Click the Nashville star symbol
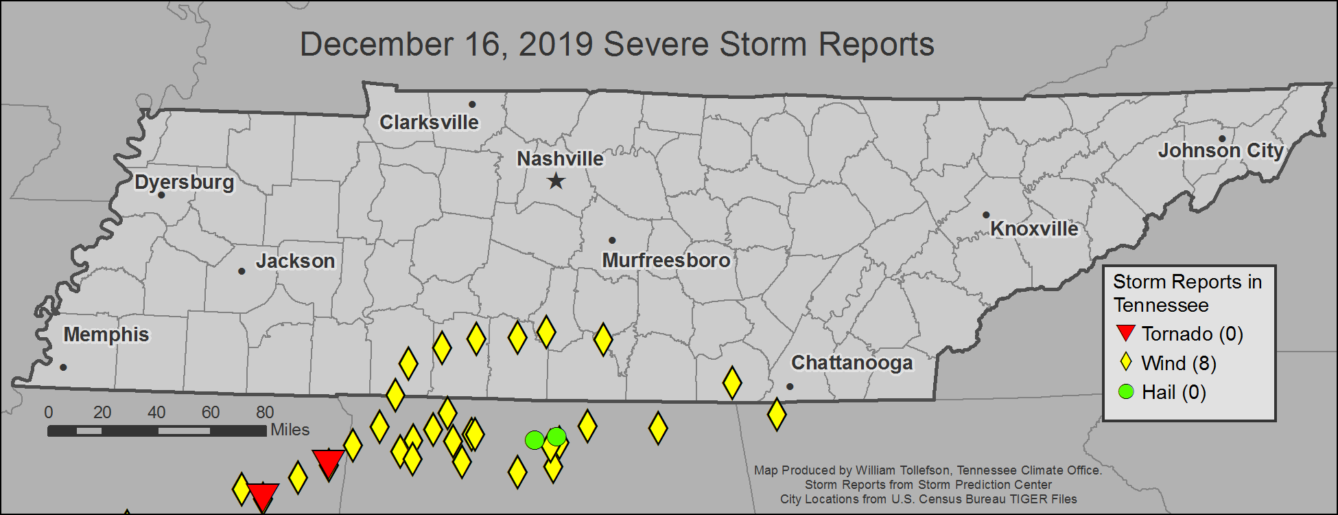point(556,181)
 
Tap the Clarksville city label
point(429,122)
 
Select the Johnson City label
point(1220,150)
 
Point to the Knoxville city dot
point(986,215)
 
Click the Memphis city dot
point(63,367)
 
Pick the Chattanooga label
point(852,363)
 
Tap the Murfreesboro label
point(666,260)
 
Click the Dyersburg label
point(184,182)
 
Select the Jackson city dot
point(242,271)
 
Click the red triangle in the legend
point(1125,333)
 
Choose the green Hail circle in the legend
point(1125,392)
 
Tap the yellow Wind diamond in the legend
point(1125,363)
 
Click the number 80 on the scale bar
point(265,412)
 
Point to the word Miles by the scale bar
point(290,430)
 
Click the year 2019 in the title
point(556,45)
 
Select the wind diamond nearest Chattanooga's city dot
point(776,414)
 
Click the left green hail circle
point(534,440)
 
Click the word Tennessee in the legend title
point(1160,305)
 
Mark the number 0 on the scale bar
point(48,412)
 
